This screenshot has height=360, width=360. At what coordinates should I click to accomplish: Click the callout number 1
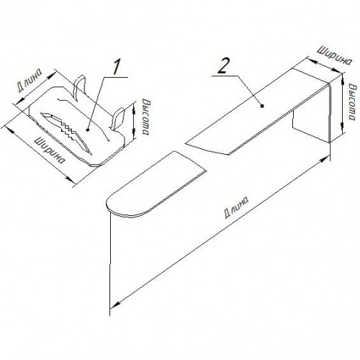[x=116, y=67]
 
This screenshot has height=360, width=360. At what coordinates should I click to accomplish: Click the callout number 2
[x=222, y=66]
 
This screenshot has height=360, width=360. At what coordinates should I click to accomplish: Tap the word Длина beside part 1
[x=30, y=80]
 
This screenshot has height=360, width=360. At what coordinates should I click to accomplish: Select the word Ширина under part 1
[x=50, y=150]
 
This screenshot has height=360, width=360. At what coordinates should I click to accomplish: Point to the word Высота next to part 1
[x=145, y=117]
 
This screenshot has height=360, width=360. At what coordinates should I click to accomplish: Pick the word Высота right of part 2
[x=352, y=102]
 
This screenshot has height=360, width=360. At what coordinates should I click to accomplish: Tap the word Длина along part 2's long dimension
[x=236, y=207]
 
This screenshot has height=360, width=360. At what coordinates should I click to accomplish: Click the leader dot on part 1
[x=88, y=130]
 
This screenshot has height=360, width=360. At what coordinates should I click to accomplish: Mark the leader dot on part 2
[x=262, y=106]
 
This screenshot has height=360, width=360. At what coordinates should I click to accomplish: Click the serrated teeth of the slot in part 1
[x=68, y=128]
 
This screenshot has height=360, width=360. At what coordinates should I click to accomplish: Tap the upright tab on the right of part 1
[x=117, y=119]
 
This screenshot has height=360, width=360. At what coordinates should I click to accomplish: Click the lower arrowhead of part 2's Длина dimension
[x=115, y=305]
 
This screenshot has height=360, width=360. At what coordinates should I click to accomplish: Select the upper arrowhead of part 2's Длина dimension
[x=325, y=158]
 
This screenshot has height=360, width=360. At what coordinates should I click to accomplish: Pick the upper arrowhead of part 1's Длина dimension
[x=51, y=76]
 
